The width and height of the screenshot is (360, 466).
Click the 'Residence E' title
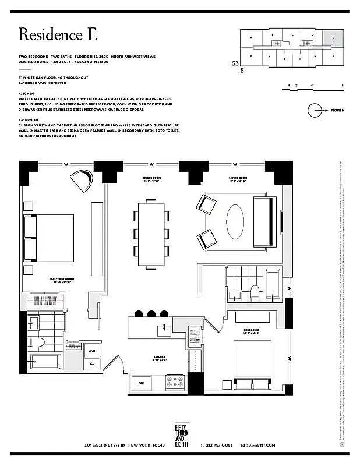tap(58, 34)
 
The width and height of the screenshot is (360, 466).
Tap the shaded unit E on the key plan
tap(333, 39)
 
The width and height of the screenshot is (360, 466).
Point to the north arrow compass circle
tap(315, 110)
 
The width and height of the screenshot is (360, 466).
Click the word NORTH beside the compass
tap(340, 110)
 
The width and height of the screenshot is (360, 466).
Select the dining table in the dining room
tap(152, 235)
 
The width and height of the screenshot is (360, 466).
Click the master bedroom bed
tap(50, 238)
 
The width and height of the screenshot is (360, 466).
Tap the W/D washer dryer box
tap(92, 351)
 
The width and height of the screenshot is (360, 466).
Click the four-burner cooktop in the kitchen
tap(175, 383)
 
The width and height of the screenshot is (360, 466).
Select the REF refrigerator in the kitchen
tap(141, 383)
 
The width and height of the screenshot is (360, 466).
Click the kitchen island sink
tap(164, 330)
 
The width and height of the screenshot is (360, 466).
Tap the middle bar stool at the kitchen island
tap(152, 313)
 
